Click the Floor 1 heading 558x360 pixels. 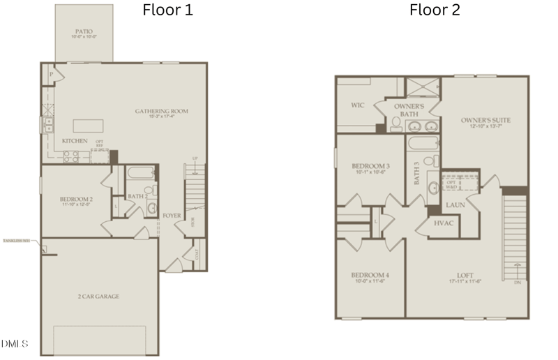point(167,10)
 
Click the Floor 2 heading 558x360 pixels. point(435,10)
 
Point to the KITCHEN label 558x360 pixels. point(75,141)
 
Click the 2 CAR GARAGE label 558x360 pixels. point(98,297)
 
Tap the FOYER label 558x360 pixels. point(172,216)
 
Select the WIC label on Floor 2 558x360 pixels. point(357,105)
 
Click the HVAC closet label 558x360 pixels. point(444,224)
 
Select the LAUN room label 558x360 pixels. point(455,205)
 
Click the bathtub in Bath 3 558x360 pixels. point(423,144)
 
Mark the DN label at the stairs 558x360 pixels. point(517,283)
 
